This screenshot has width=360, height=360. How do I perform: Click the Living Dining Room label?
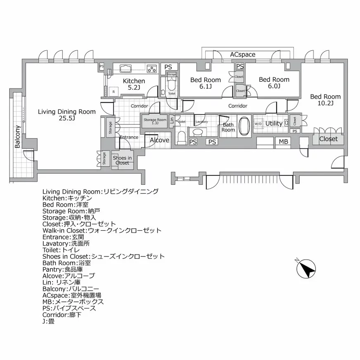[x=66, y=115]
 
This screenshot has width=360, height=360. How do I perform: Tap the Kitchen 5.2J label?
[x=134, y=84]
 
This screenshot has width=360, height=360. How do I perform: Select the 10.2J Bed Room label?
[x=325, y=100]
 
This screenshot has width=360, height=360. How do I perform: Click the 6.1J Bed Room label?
[x=205, y=83]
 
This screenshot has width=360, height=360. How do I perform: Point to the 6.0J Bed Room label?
[x=274, y=83]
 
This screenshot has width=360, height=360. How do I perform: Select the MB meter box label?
[x=283, y=142]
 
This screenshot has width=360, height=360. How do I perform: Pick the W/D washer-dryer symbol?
[x=258, y=123]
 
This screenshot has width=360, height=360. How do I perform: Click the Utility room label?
[x=274, y=123]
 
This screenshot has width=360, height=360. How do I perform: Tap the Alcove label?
[x=159, y=140]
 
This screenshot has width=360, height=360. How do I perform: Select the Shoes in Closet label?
[x=122, y=160]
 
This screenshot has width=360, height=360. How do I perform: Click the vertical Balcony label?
[x=18, y=136]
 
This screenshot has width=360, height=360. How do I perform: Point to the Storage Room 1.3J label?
[x=155, y=121]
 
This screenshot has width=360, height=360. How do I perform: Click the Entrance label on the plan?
[x=129, y=137]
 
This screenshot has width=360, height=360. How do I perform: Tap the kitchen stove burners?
[x=152, y=69]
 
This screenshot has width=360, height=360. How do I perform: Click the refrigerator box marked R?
[x=113, y=92]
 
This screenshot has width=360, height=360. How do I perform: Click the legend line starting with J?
[x=48, y=320]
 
